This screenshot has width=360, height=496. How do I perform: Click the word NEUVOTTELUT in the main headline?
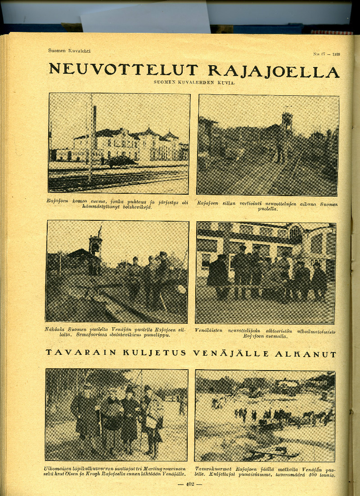[123, 70]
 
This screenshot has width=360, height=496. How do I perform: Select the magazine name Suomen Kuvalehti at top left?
[69, 51]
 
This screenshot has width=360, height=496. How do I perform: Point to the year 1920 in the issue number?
[336, 54]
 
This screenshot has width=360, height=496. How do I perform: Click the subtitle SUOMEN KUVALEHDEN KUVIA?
[194, 82]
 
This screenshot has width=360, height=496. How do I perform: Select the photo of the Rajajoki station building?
[119, 143]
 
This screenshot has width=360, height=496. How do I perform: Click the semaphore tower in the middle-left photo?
[95, 245]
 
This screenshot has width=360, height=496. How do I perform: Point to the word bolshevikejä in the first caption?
[129, 207]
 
